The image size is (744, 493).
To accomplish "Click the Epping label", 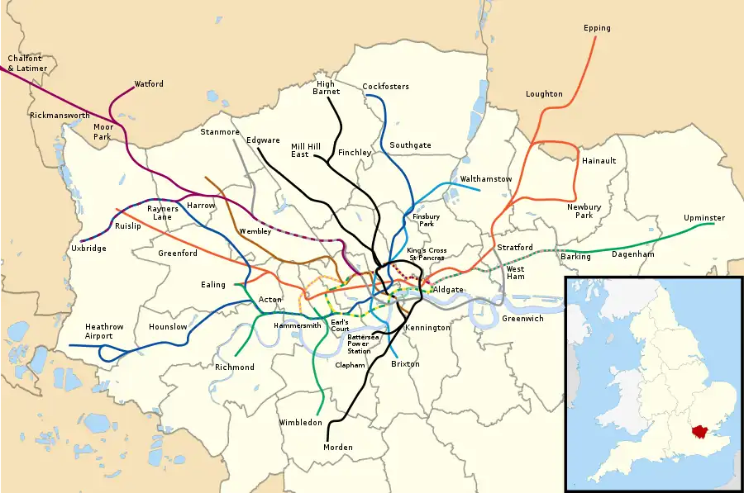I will (x=596, y=28).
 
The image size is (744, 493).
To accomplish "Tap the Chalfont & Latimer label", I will (x=25, y=63).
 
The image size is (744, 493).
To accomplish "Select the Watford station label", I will (x=149, y=84).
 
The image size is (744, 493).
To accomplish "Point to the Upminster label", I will (x=703, y=218).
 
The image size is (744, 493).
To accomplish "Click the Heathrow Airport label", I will (x=104, y=332).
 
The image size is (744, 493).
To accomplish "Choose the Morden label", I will (x=338, y=448).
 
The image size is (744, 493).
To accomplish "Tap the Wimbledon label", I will (x=300, y=423).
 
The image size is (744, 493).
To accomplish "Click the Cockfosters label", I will (x=385, y=87).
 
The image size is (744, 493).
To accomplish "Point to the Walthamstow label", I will (x=486, y=179).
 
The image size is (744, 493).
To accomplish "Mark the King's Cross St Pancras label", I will (x=427, y=254).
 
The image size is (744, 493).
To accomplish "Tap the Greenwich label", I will (x=522, y=318).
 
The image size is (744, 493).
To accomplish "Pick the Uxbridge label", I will (x=88, y=248).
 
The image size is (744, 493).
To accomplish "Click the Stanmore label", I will (x=220, y=132).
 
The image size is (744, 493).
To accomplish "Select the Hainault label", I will (x=599, y=161).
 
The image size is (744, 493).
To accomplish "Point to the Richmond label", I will (x=234, y=367).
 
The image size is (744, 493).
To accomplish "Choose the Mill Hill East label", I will (x=305, y=150).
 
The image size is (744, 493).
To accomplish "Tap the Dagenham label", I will (x=632, y=254).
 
